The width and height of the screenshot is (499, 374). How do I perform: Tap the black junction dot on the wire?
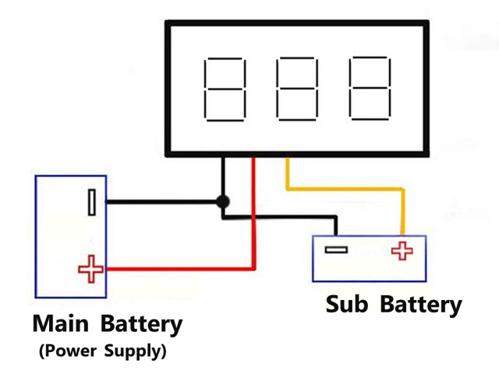click(223, 202)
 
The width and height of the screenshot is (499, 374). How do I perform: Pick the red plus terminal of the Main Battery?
click(90, 270)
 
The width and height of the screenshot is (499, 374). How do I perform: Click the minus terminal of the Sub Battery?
click(336, 250)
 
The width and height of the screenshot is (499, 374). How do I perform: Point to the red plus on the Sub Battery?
click(402, 251)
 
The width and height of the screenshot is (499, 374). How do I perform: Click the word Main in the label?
click(61, 323)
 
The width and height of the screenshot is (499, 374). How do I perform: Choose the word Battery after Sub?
click(421, 305)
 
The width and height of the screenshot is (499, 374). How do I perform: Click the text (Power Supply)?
click(102, 351)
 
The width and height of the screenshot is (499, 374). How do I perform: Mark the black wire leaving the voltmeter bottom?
click(223, 175)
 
